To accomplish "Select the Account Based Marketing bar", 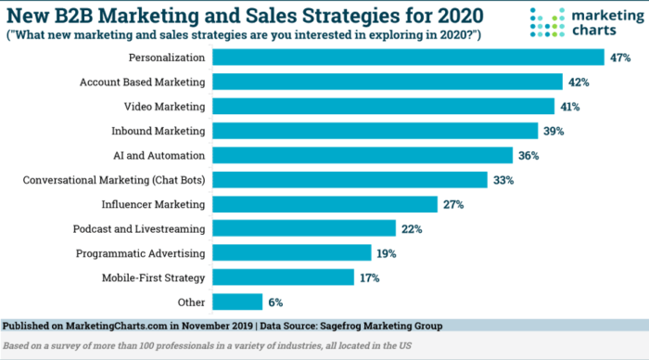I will [388, 82].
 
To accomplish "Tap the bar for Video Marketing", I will [383, 106].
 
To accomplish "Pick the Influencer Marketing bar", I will [324, 203].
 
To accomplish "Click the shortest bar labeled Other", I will [237, 302].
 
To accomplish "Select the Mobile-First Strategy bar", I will [283, 276].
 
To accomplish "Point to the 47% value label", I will [620, 58].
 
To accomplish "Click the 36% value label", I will [529, 155].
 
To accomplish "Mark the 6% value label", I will [276, 302].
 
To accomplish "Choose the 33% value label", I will [504, 179].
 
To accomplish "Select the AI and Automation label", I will [161, 155].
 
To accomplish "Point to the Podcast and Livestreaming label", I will [139, 228].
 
